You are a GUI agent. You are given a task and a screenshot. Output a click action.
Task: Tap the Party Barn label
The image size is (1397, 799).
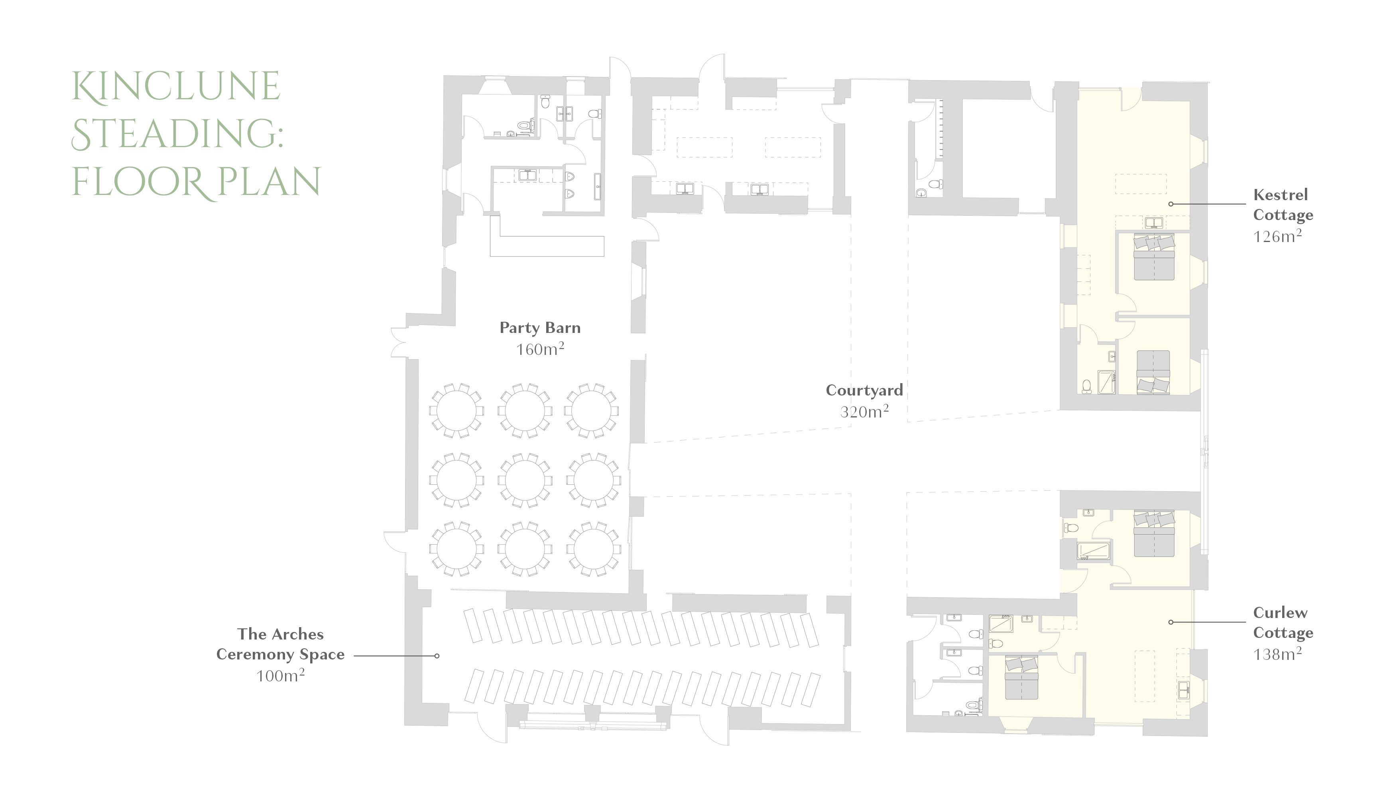click(x=540, y=328)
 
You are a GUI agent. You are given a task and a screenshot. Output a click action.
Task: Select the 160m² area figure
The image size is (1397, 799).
click(x=540, y=348)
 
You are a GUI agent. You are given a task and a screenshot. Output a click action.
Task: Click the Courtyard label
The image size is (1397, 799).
click(x=864, y=390)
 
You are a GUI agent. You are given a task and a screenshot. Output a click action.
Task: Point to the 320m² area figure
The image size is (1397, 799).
click(x=864, y=411)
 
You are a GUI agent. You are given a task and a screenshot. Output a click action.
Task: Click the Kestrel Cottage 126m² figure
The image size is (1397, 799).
click(x=1277, y=236)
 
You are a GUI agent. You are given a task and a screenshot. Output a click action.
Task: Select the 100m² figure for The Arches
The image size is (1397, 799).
click(x=280, y=675)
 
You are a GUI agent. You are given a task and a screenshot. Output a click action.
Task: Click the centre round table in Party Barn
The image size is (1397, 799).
click(x=525, y=480)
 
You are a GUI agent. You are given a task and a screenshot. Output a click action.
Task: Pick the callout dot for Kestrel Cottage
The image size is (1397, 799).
click(x=1171, y=204)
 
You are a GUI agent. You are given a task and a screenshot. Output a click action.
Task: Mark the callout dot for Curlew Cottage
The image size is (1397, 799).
click(x=1171, y=622)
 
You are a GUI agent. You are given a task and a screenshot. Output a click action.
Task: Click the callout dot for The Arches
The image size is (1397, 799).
click(x=437, y=656)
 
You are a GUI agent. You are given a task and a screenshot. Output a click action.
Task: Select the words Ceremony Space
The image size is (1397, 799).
click(x=280, y=655)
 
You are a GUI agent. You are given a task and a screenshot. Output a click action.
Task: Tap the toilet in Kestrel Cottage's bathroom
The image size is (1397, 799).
click(x=1086, y=386)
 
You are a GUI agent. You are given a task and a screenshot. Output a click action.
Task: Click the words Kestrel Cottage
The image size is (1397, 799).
click(x=1283, y=205)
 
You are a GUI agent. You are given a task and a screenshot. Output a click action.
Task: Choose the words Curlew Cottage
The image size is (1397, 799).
click(x=1283, y=622)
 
